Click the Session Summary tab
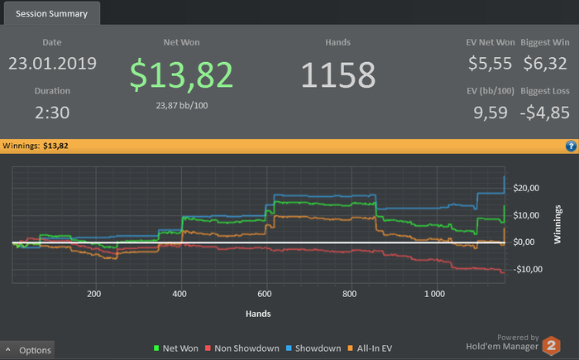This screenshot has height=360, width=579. tap(50, 13)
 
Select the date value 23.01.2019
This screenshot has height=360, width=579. tap(52, 63)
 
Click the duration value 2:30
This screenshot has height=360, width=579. tap(52, 112)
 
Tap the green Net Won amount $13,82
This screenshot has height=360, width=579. tap(181, 74)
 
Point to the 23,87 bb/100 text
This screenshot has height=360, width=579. tap(181, 105)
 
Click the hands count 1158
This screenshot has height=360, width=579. tap(337, 75)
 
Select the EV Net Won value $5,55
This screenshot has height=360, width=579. tap(489, 63)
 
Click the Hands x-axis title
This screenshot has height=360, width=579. tap(258, 314)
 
